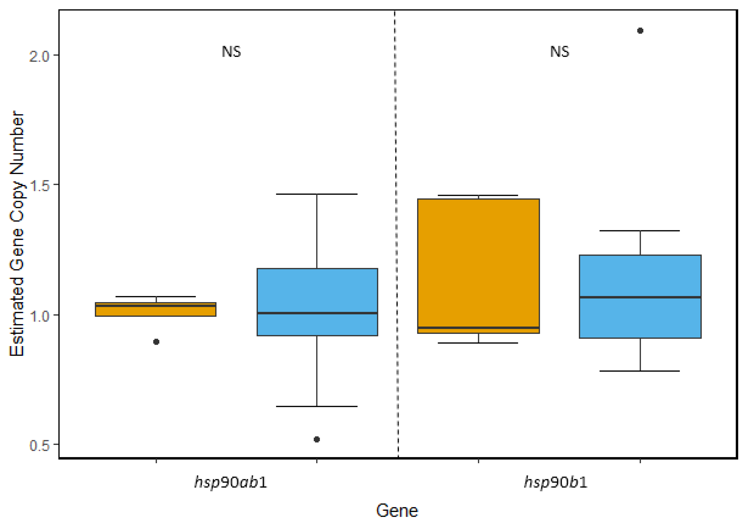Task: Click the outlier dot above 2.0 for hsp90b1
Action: tap(640, 31)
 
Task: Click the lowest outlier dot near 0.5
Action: tap(317, 439)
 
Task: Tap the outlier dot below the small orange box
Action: tap(156, 342)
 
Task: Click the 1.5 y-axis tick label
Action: tap(39, 185)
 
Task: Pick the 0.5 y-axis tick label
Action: tap(39, 445)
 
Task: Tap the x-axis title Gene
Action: tap(397, 511)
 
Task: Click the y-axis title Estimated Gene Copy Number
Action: tap(17, 234)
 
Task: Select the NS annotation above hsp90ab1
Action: tap(231, 52)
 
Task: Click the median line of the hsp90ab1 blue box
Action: tap(317, 313)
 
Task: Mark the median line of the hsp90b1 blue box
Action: tap(640, 297)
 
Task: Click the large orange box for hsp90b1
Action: tap(478, 262)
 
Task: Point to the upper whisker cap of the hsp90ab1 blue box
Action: tap(317, 194)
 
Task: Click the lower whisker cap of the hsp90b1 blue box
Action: tap(640, 371)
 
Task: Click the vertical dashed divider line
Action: tap(396, 229)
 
